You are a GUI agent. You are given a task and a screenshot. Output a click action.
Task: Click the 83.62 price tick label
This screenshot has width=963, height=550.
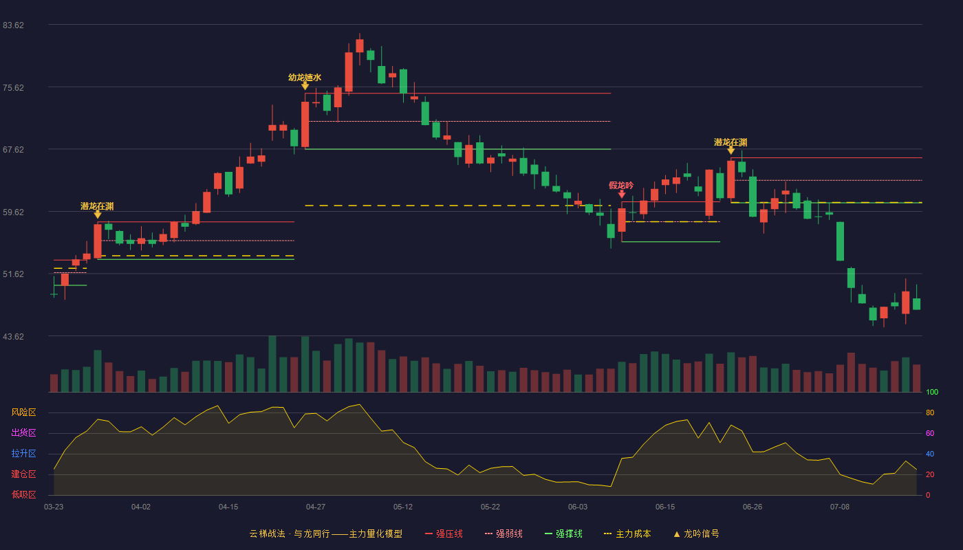click(13, 25)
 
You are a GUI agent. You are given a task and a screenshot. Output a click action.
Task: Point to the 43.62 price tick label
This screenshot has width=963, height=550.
click(13, 336)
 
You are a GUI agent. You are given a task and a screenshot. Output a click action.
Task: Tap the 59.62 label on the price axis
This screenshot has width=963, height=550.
click(13, 212)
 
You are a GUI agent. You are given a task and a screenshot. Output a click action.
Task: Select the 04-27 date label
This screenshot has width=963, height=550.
click(316, 507)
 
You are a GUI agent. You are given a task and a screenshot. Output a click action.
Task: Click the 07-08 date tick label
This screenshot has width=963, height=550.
click(840, 507)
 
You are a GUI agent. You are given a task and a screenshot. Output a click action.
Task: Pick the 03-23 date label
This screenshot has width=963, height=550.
click(54, 507)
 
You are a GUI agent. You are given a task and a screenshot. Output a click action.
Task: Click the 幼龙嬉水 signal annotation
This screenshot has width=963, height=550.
click(305, 77)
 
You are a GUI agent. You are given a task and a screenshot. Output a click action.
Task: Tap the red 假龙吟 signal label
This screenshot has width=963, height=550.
click(621, 185)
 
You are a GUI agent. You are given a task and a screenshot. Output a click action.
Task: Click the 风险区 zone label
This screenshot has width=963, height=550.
click(23, 412)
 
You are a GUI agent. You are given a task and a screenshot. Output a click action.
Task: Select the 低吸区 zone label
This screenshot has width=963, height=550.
click(23, 495)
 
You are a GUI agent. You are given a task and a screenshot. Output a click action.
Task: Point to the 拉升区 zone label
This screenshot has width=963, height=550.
click(23, 454)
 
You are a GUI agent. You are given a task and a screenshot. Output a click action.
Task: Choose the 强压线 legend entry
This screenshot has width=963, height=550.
click(444, 533)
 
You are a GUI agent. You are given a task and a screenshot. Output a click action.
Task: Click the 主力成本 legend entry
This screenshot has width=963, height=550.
click(627, 533)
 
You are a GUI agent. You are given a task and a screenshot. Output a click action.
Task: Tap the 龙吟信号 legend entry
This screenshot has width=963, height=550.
click(696, 533)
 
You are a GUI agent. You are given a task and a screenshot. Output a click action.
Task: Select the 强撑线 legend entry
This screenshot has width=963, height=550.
click(563, 533)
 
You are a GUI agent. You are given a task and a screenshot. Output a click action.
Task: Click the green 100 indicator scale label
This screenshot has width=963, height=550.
click(932, 392)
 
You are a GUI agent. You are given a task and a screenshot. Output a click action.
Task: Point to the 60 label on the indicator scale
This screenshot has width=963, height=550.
click(930, 433)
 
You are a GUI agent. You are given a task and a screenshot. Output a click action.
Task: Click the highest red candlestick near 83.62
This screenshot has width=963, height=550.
click(359, 45)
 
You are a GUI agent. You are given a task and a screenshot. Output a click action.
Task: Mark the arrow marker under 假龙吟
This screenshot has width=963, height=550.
click(622, 194)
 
